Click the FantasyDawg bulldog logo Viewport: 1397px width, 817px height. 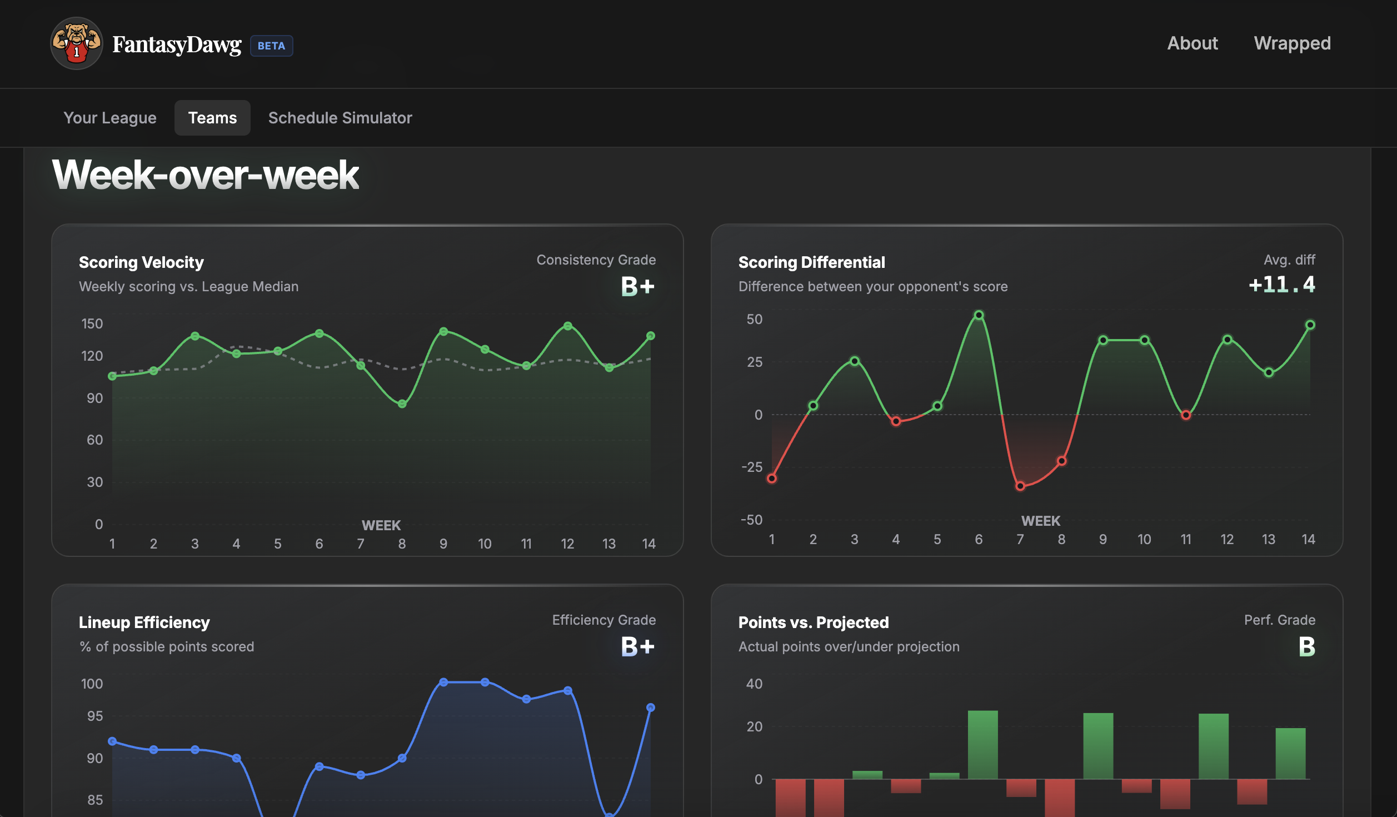point(76,44)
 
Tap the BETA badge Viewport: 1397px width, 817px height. point(271,46)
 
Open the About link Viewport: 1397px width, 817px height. point(1192,43)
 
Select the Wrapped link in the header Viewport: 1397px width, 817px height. point(1292,43)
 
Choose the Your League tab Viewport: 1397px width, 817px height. point(110,118)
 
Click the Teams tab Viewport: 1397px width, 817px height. point(212,118)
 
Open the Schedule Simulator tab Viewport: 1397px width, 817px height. point(340,118)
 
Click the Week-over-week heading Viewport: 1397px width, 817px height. point(206,175)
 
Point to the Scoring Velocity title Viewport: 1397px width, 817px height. point(141,262)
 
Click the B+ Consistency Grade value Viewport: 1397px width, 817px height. point(637,286)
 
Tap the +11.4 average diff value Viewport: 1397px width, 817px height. point(1281,285)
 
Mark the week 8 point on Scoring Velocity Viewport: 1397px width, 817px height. point(402,404)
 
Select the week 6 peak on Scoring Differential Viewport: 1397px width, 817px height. point(979,315)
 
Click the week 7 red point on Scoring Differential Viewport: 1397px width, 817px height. point(1020,486)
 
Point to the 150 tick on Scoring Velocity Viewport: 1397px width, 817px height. point(92,323)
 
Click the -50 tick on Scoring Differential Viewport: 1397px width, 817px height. point(751,520)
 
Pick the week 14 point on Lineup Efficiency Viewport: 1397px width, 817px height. point(650,708)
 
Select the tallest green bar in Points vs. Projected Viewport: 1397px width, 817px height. point(982,745)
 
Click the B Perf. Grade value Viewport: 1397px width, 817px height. point(1306,646)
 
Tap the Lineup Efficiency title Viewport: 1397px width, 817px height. point(144,622)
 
